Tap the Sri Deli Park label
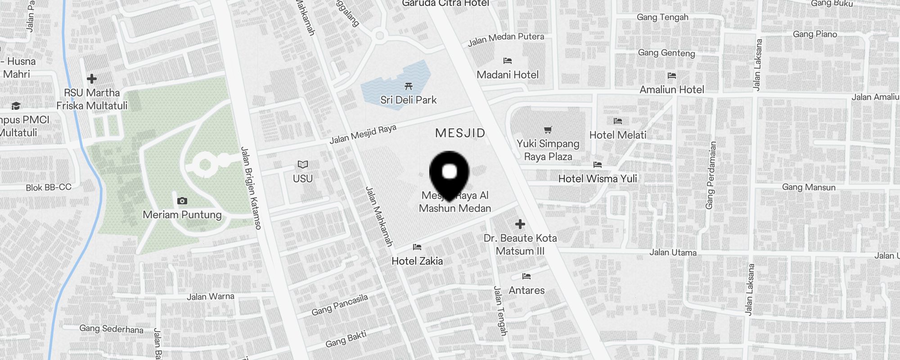(408, 100)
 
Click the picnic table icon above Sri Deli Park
(409, 86)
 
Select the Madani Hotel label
(508, 75)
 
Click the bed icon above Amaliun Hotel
(672, 76)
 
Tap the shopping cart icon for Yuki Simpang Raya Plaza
(548, 130)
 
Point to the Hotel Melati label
(617, 135)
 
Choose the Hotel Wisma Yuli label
(598, 179)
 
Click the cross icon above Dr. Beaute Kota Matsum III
(520, 224)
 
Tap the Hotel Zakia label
(417, 261)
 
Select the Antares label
(526, 290)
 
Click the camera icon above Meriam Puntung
(182, 201)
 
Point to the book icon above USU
(303, 165)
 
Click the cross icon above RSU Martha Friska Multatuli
(92, 79)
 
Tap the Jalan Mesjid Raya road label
(363, 134)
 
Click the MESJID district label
(460, 133)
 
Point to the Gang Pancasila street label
(340, 305)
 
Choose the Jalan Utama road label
(673, 252)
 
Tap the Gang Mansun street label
(809, 187)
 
